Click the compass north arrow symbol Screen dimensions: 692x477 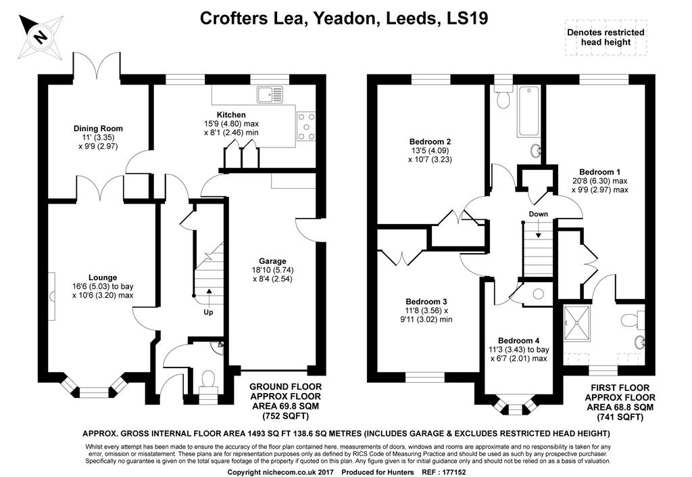tap(41, 37)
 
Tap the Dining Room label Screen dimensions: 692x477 tap(98, 129)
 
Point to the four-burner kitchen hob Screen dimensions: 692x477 tap(306, 127)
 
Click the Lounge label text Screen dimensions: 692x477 tap(103, 277)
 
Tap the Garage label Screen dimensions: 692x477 tap(272, 261)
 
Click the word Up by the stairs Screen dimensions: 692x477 tap(208, 313)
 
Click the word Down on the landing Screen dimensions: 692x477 tap(539, 214)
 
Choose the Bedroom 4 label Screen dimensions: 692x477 tap(518, 340)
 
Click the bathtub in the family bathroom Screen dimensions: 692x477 tap(528, 111)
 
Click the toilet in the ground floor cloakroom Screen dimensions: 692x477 tap(207, 384)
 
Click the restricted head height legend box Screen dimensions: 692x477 tap(605, 37)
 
